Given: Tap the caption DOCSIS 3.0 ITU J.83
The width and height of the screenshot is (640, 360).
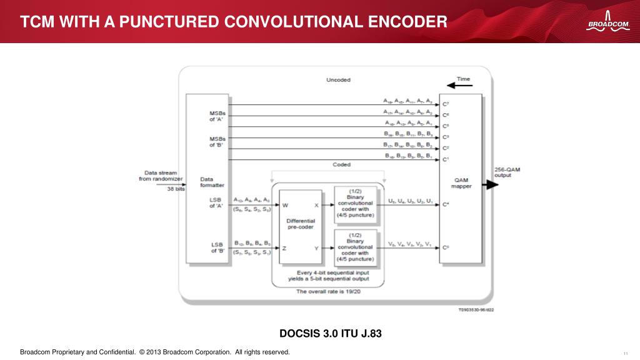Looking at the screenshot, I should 330,333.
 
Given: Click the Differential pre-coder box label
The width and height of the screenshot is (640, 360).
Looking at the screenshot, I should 301,224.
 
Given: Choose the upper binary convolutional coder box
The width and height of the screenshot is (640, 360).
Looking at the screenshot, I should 355,203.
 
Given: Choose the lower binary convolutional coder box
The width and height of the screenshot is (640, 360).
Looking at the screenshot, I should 355,247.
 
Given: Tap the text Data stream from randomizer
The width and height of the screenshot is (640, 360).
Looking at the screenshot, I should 161,176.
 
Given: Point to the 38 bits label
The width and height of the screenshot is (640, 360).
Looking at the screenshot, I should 176,189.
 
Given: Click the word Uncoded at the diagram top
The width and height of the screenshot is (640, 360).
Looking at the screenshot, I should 338,80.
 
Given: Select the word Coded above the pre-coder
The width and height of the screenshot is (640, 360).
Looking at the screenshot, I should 341,165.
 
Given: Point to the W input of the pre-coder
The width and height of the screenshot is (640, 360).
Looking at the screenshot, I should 285,204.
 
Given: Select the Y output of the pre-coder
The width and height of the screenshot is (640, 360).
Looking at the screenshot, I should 316,247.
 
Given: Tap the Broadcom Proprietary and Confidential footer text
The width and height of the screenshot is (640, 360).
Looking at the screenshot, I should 155,352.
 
